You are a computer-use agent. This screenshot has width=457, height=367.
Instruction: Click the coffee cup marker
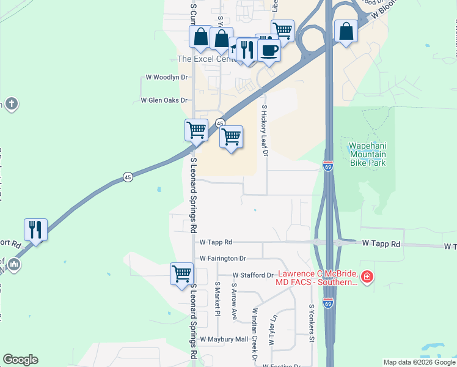click(x=269, y=50)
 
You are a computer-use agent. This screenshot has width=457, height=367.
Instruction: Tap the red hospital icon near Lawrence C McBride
click(x=367, y=278)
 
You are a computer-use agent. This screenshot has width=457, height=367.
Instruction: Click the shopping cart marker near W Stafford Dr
click(x=182, y=273)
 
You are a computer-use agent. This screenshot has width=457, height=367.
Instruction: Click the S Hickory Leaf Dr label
click(x=265, y=130)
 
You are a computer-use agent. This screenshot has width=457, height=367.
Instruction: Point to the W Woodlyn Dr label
click(x=166, y=78)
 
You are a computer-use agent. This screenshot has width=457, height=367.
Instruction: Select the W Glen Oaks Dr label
click(x=163, y=100)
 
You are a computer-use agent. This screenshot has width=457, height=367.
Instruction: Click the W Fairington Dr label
click(x=222, y=259)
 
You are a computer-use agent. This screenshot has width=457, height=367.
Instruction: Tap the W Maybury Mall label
click(x=224, y=339)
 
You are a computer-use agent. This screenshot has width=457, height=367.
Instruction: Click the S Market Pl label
click(x=217, y=299)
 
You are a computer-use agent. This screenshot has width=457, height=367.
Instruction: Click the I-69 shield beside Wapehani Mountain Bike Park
click(x=328, y=166)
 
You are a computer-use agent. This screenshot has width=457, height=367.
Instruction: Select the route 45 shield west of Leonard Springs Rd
click(x=128, y=177)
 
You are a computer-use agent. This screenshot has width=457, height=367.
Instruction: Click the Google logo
click(x=20, y=360)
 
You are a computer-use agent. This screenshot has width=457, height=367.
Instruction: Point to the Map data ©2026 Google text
click(x=419, y=362)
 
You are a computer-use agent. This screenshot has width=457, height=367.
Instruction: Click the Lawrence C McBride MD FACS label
click(x=317, y=278)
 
